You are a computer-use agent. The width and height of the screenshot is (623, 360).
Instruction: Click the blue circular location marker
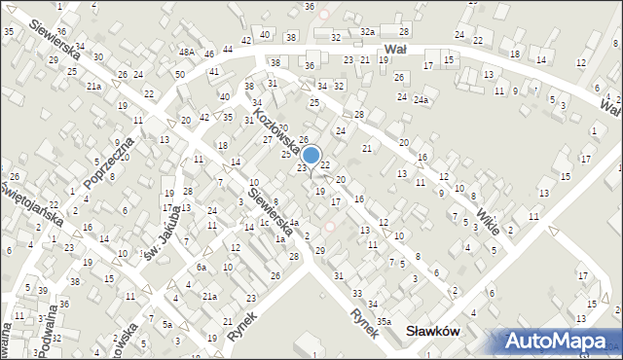coord(311,155)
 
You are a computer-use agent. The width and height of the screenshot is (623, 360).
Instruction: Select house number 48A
coord(187,52)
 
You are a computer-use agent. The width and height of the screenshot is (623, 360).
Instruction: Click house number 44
coord(228,49)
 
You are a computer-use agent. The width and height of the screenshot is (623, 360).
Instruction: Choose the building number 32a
coord(366,32)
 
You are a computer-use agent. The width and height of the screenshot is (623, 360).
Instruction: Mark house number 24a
coord(421,99)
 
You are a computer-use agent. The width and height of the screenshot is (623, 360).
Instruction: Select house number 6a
coord(201,267)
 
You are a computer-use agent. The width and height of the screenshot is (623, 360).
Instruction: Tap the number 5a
coord(167,324)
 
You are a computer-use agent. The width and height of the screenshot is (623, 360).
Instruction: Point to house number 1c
coord(264,222)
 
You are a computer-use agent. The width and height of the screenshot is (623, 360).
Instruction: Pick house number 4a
coord(293,224)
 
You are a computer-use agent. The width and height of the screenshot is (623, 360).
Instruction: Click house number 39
coord(43,290)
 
